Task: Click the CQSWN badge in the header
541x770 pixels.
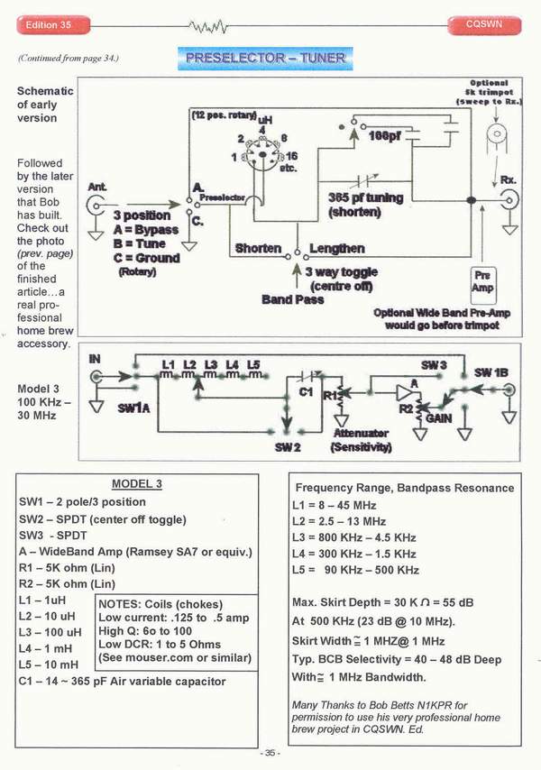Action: [x=485, y=21]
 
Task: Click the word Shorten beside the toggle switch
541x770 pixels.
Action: [x=259, y=248]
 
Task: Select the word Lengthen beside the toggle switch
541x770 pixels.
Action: [x=336, y=248]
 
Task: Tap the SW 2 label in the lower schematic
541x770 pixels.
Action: [x=289, y=446]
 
